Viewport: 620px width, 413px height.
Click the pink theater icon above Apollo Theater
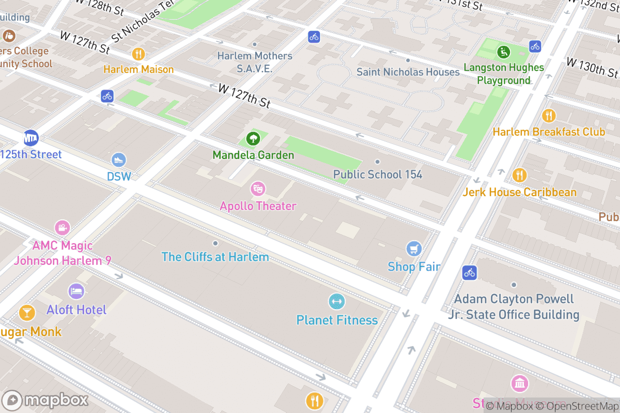click(x=258, y=189)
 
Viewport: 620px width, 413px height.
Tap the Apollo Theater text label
click(x=258, y=206)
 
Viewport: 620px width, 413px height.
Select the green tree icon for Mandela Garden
click(x=253, y=138)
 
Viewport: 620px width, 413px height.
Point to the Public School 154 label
click(x=378, y=174)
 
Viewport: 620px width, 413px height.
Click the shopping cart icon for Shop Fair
click(x=413, y=249)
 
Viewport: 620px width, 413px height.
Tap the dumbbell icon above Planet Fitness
click(x=337, y=302)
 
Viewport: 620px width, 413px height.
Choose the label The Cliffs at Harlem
click(x=215, y=257)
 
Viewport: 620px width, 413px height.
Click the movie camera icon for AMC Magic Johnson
click(x=63, y=227)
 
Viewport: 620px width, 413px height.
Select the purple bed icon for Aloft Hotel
click(x=76, y=292)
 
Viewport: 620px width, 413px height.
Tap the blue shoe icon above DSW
click(x=119, y=160)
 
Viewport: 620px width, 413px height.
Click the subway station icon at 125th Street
click(x=31, y=138)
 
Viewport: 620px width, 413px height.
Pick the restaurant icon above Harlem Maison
click(x=138, y=54)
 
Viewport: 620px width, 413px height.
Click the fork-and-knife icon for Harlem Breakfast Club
click(x=549, y=116)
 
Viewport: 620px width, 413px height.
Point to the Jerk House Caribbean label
click(x=519, y=193)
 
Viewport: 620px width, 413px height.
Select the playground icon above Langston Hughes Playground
click(x=503, y=52)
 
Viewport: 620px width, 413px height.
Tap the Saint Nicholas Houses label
click(x=408, y=72)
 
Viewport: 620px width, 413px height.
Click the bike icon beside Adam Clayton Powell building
click(x=469, y=273)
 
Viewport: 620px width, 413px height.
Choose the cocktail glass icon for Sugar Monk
click(x=26, y=312)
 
